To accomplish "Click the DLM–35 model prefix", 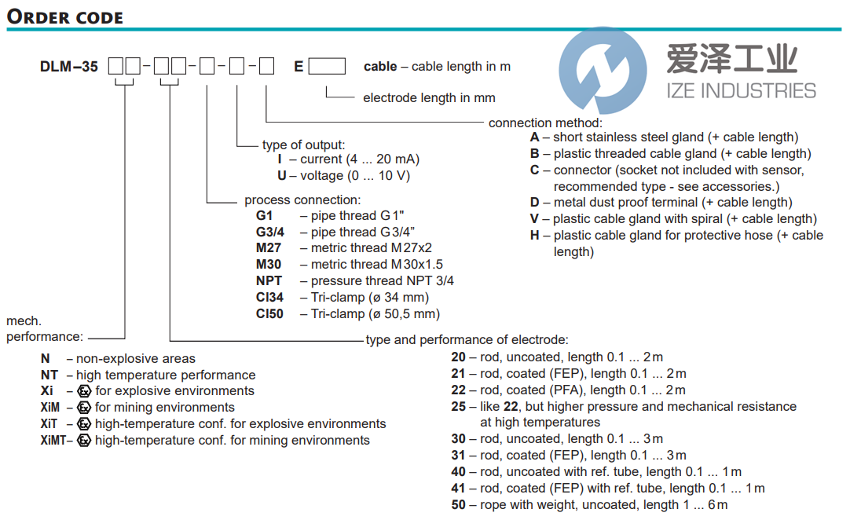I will coord(69,67).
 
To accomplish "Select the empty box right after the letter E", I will coord(327,67).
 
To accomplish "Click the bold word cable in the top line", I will coord(380,67).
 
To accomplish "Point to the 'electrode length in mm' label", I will coord(429,98).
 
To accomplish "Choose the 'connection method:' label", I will coord(545,123).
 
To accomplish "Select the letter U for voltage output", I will coord(282,176).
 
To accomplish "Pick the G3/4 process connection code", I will coord(270,232).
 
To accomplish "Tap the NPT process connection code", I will coord(269,280).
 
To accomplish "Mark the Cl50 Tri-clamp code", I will coord(270,313).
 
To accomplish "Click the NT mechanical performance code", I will coord(49,375).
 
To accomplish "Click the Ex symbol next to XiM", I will coord(85,408).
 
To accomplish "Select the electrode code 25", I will coord(459,407).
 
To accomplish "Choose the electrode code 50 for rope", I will coord(459,505).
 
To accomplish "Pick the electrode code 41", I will coord(459,489).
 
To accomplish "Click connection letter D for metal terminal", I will coord(535,203).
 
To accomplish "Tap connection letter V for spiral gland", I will coord(535,219).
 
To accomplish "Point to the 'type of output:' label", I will coord(303,145).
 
